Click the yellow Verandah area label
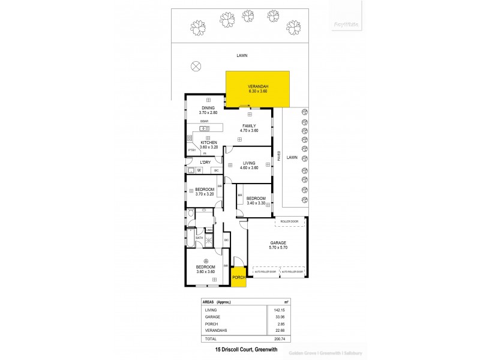pos(258,87)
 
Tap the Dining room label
pos(208,108)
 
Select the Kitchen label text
pos(208,142)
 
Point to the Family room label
pos(249,125)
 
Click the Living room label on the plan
pos(249,163)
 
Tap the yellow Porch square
pos(238,277)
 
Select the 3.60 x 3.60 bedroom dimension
pos(205,272)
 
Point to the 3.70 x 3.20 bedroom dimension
pos(205,194)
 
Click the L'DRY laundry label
pos(205,163)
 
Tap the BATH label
pos(199,238)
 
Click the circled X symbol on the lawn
pos(195,66)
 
